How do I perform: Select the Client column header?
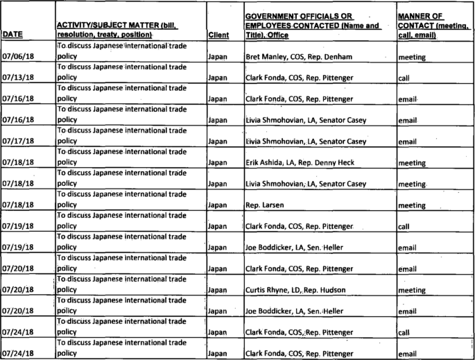tap(218, 33)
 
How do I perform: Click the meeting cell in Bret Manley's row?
tap(412, 57)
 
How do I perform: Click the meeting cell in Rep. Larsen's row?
tap(412, 206)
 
